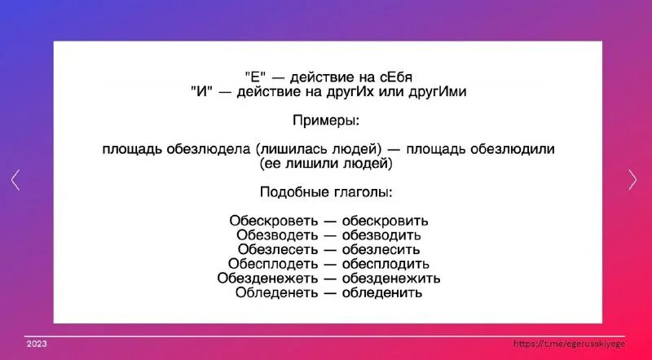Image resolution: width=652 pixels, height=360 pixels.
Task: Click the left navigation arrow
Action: (x=15, y=180)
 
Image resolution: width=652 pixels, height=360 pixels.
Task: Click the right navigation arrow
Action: (x=633, y=180)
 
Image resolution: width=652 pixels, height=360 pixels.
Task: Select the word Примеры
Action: (x=326, y=121)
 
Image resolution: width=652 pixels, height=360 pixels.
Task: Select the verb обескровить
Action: (x=385, y=221)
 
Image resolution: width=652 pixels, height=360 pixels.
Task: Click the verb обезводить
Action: (x=381, y=235)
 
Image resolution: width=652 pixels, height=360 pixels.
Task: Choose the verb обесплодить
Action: (x=385, y=264)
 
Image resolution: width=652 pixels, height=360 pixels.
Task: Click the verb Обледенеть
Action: (x=273, y=292)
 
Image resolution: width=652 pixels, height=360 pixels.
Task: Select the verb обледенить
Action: (x=381, y=292)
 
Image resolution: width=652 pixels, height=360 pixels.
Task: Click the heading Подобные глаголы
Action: (x=326, y=192)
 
